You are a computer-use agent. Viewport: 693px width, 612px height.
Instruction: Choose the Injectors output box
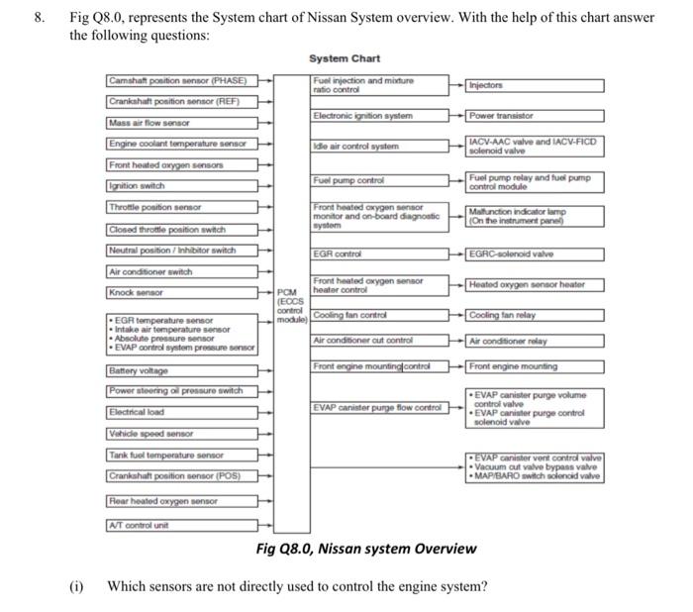(535, 85)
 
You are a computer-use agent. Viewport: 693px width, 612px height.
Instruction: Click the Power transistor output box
(535, 115)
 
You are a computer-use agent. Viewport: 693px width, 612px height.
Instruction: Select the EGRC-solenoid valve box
(535, 255)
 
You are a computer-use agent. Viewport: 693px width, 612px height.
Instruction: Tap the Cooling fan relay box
(535, 315)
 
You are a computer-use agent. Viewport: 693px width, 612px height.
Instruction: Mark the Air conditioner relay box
(535, 340)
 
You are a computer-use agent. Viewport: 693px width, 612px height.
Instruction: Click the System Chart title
(344, 58)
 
